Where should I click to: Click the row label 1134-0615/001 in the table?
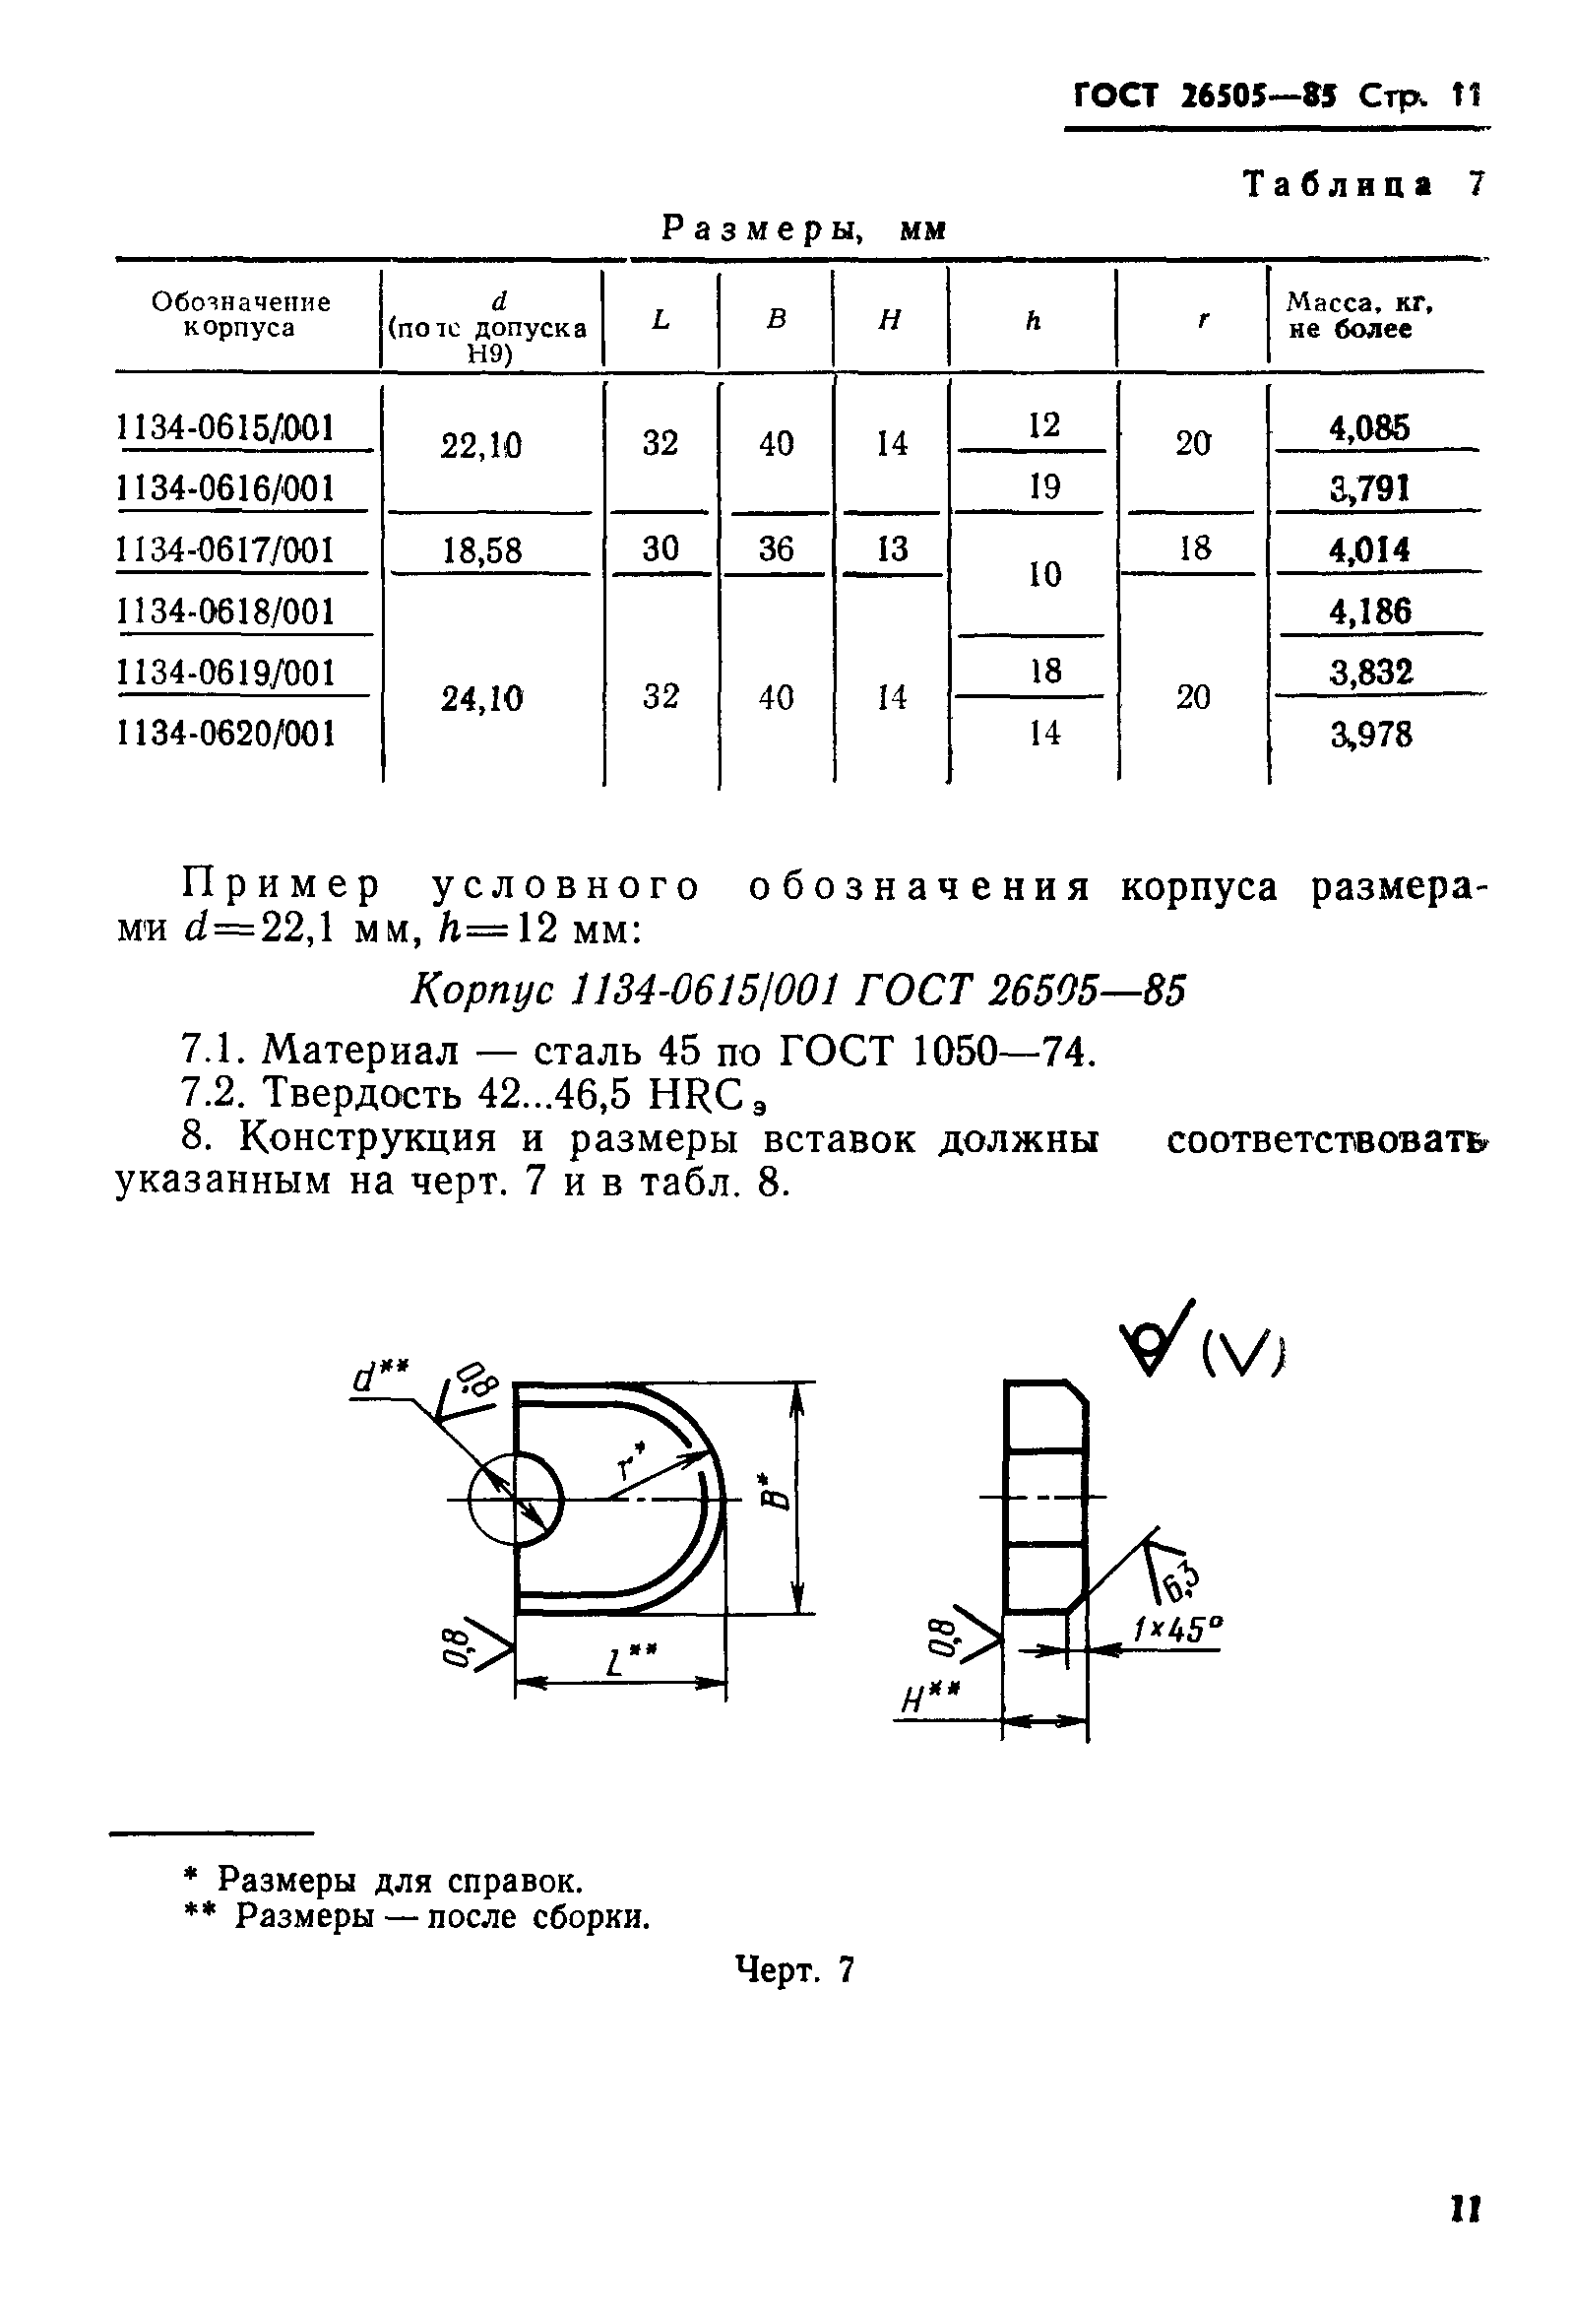(225, 427)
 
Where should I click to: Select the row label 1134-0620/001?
(225, 734)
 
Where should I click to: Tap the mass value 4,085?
(1369, 428)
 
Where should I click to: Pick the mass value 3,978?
(1371, 735)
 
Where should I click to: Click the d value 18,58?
(482, 549)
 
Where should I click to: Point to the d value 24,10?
(482, 699)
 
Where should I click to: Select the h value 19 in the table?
(1044, 486)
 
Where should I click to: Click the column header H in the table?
(890, 319)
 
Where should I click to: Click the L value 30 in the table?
(661, 547)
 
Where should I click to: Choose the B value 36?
(776, 547)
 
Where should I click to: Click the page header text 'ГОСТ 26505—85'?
(1206, 96)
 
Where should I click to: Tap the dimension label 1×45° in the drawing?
(1177, 1628)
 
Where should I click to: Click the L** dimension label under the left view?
(629, 1660)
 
